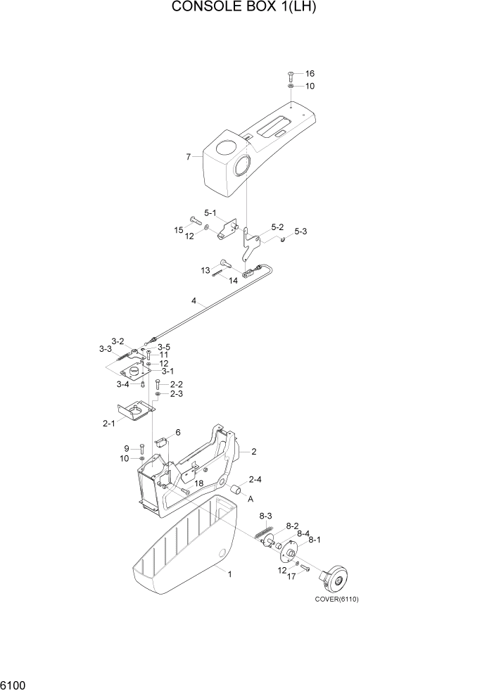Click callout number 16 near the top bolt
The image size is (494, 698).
click(310, 73)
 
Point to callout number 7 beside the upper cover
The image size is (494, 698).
click(189, 157)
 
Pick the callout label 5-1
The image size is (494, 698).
click(210, 212)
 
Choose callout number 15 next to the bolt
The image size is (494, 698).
click(179, 229)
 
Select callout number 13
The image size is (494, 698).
click(205, 270)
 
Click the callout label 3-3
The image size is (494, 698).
click(106, 348)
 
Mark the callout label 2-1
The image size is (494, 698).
click(109, 424)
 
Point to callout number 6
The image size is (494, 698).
click(178, 432)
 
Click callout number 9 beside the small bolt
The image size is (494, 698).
click(127, 448)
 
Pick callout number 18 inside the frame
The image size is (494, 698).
click(199, 483)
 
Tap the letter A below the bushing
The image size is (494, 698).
click(250, 498)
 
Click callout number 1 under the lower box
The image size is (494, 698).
click(229, 574)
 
